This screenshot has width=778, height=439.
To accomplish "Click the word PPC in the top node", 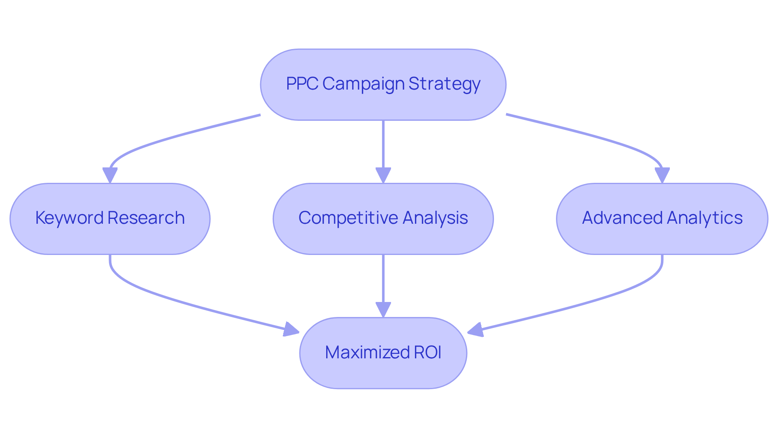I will click(x=302, y=84).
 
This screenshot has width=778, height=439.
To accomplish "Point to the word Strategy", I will click(x=444, y=84).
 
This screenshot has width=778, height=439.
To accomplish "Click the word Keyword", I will click(x=69, y=218).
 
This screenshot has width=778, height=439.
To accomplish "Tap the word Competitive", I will click(x=348, y=218).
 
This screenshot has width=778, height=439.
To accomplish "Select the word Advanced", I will click(x=622, y=218).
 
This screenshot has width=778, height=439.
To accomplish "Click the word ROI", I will click(x=427, y=352).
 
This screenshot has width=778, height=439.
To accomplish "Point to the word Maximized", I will click(x=367, y=352).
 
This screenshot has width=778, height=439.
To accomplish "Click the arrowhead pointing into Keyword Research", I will click(x=110, y=175).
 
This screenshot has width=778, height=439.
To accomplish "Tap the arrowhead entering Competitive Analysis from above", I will click(x=383, y=175).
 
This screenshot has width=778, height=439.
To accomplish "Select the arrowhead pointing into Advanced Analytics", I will click(x=662, y=175).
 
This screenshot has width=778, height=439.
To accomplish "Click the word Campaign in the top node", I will click(x=363, y=84).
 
